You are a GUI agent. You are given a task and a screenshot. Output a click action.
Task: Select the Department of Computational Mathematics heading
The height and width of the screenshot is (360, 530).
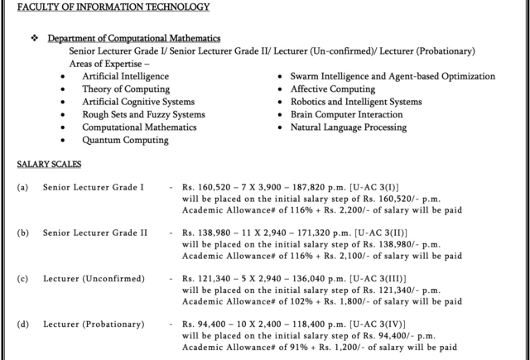[133, 38]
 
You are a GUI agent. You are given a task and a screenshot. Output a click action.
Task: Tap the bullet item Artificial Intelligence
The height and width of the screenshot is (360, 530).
[125, 76]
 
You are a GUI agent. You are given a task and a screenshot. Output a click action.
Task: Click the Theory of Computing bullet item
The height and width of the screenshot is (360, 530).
[126, 89]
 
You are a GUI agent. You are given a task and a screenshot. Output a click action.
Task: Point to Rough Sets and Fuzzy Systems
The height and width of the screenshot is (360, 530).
[143, 114]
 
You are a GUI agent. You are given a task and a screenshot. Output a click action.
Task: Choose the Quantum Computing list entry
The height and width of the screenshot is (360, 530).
[125, 140]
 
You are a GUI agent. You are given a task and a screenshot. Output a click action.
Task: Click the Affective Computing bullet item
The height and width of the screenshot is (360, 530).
[332, 89]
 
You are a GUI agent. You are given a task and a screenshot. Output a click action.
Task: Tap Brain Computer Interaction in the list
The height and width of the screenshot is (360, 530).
[346, 114]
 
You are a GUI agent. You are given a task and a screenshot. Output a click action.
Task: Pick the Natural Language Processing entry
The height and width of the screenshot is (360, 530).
[348, 127]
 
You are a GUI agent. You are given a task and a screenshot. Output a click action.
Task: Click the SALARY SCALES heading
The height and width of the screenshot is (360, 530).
[49, 165]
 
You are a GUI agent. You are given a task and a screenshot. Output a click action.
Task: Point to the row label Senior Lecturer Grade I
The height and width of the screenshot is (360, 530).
[94, 187]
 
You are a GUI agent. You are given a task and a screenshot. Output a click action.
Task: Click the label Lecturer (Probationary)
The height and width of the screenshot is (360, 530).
[93, 324]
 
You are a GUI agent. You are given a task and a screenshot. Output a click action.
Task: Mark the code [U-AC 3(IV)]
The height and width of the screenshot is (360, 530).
[377, 324]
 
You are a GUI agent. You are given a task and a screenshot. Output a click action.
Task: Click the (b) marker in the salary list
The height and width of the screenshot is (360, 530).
[22, 233]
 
